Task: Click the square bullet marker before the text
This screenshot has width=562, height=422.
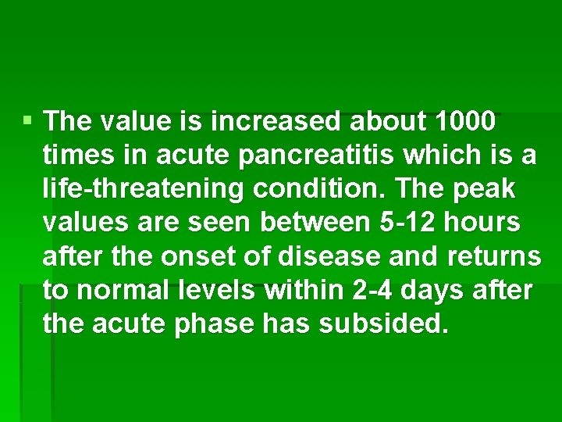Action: pyautogui.click(x=28, y=121)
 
